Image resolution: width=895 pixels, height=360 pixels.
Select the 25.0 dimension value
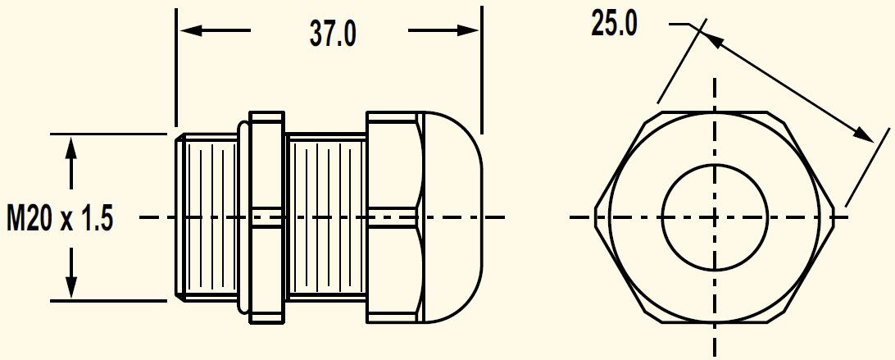(x=614, y=25)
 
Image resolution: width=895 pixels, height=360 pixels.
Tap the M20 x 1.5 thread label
(x=58, y=219)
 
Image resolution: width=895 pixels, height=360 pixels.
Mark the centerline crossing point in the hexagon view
(x=715, y=217)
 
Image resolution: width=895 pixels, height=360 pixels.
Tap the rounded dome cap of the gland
(x=451, y=217)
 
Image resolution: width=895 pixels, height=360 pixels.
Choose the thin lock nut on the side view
(x=266, y=217)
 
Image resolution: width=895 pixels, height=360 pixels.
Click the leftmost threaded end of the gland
(x=205, y=217)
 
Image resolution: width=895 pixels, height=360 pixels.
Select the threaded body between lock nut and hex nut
(x=325, y=217)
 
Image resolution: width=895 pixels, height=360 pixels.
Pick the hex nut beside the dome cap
(x=393, y=217)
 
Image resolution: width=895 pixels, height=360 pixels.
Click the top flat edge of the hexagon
(x=715, y=110)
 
